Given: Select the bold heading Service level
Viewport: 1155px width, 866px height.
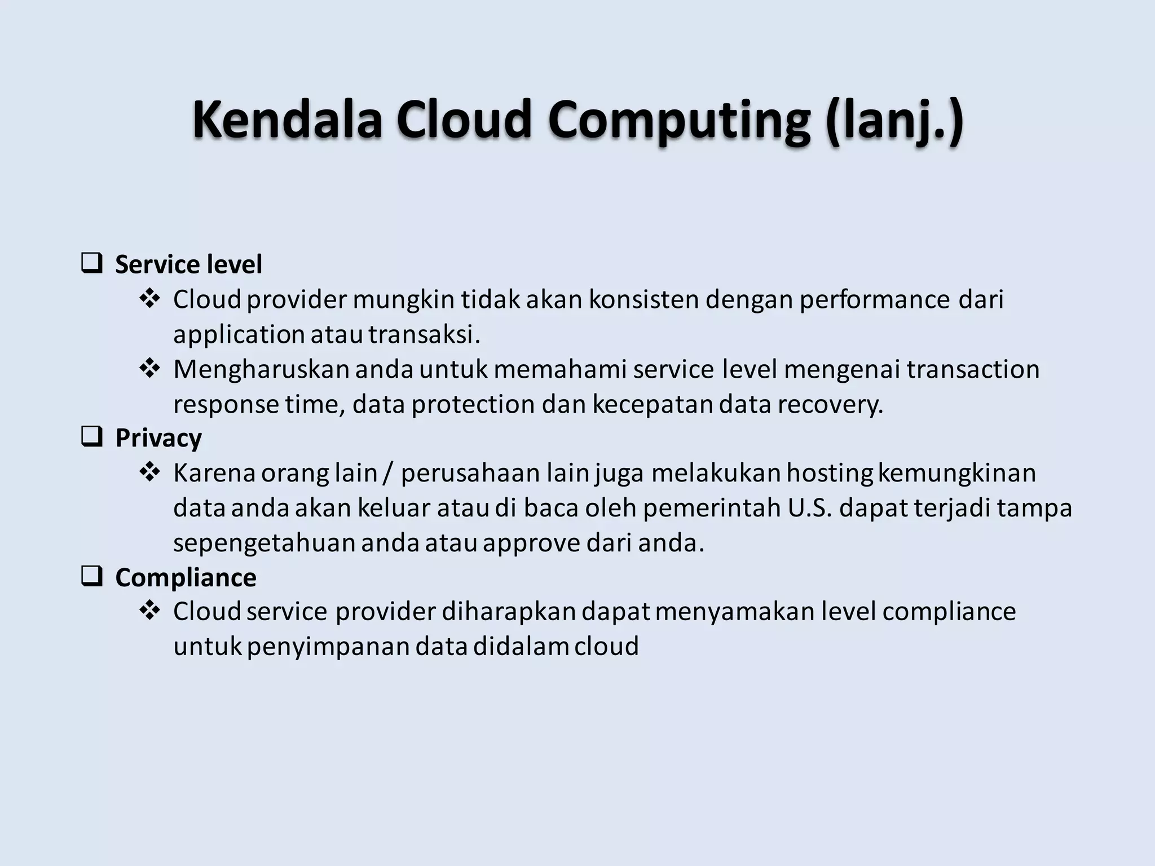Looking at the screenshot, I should (188, 264).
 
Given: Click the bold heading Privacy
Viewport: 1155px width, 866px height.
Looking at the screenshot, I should (158, 438).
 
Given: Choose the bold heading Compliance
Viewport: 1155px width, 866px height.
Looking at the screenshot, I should (186, 577).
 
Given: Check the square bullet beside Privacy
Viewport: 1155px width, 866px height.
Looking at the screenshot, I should (91, 436).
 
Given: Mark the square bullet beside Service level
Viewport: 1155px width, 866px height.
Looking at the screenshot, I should (91, 263).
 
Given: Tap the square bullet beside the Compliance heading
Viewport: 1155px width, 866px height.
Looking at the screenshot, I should (91, 576).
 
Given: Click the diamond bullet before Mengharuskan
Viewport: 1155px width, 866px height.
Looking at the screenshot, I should (149, 369).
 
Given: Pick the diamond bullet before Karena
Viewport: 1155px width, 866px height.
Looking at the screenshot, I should (149, 472).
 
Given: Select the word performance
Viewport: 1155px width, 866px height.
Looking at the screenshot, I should (875, 299).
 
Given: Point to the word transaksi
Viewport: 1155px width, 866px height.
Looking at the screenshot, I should (424, 334).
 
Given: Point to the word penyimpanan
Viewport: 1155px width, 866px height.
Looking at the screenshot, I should (328, 647).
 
